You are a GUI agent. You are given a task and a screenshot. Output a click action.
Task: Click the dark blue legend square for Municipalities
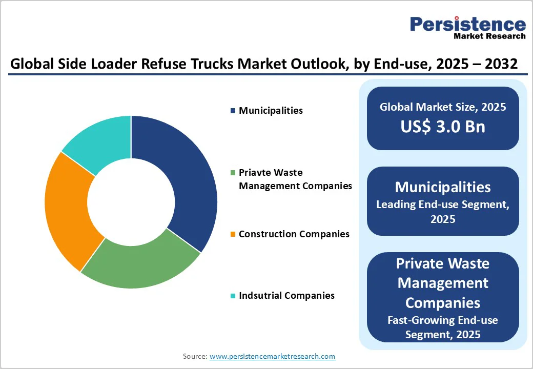pyautogui.click(x=233, y=111)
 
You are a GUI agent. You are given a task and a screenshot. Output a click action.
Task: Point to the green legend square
pyautogui.click(x=233, y=173)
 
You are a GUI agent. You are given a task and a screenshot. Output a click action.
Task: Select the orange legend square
pyautogui.click(x=233, y=234)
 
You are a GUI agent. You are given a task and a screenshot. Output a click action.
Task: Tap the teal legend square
pyautogui.click(x=233, y=296)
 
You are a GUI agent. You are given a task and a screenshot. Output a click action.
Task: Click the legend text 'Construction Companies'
pyautogui.click(x=294, y=234)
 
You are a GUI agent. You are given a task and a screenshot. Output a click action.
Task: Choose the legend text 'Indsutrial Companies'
pyautogui.click(x=286, y=296)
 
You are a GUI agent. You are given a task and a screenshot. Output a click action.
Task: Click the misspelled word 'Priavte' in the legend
pyautogui.click(x=255, y=173)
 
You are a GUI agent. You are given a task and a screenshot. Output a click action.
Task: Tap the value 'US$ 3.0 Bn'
pyautogui.click(x=443, y=127)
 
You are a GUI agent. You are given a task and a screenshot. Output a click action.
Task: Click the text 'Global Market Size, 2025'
pyautogui.click(x=443, y=107)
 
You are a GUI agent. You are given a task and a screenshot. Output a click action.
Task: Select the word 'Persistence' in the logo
pyautogui.click(x=467, y=24)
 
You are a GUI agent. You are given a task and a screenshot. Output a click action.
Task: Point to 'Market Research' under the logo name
pyautogui.click(x=489, y=36)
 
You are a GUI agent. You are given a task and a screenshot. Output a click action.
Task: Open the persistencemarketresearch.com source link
pyautogui.click(x=272, y=356)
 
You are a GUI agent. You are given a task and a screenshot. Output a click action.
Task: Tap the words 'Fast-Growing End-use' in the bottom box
pyautogui.click(x=443, y=320)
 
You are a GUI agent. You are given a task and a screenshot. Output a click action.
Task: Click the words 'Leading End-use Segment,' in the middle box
pyautogui.click(x=443, y=204)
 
